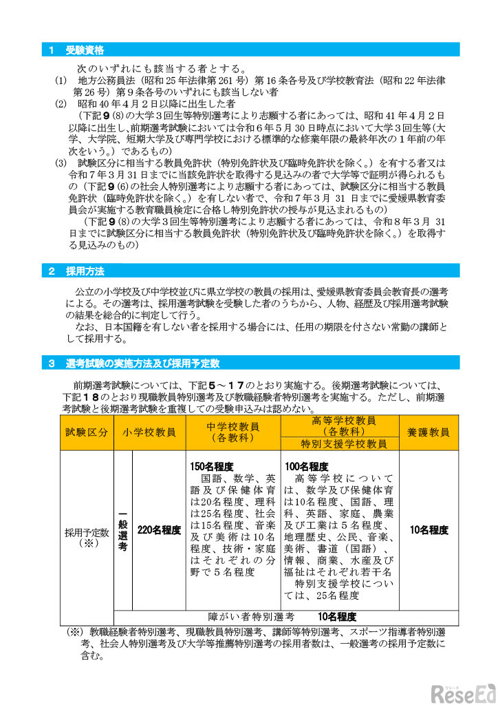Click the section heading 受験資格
point(85,50)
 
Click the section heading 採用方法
point(85,271)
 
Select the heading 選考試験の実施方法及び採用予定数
point(143,363)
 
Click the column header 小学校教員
point(150,432)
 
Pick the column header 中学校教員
point(232,428)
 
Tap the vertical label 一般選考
point(122,530)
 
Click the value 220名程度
point(159,530)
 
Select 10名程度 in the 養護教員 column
point(429,530)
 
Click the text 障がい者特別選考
point(251,617)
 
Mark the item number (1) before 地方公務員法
point(61,81)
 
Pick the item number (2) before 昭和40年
point(61,103)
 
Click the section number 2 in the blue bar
point(52,271)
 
